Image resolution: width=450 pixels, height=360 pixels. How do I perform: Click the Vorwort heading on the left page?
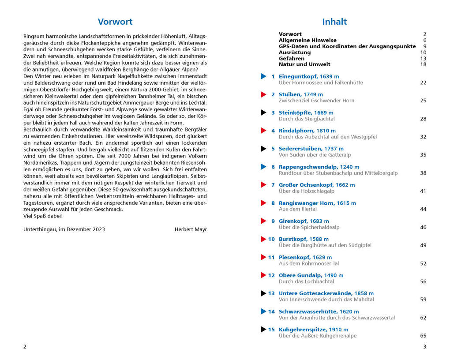pos(115,22)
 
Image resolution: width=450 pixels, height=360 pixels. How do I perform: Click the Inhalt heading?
pos(334,22)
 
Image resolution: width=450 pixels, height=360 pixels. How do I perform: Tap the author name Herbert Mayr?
pos(191,229)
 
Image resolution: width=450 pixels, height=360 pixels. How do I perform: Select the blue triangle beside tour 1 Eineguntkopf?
pos(263,76)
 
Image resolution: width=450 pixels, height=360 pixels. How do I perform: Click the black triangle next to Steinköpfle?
pos(263,112)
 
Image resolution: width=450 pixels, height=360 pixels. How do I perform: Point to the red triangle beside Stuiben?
pos(263,94)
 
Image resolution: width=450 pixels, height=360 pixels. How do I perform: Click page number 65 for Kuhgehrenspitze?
pos(423,336)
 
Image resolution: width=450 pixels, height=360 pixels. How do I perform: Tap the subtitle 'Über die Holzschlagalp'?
pos(306,191)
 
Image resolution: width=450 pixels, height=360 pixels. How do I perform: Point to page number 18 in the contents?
pos(423,64)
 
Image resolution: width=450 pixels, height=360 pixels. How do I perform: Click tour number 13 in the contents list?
pos(271,293)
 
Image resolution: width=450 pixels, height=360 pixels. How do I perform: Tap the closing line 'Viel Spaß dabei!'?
pos(43,216)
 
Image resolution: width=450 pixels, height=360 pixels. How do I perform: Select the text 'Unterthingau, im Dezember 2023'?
pos(64,229)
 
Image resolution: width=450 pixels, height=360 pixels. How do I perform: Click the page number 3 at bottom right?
pos(424,347)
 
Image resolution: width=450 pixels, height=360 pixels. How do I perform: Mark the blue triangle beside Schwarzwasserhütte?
pos(263,311)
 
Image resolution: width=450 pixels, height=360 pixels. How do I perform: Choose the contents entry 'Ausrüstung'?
pos(295,52)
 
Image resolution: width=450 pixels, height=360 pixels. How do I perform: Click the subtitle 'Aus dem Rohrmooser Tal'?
pos(309,263)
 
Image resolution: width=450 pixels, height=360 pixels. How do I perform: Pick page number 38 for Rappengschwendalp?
pos(423,173)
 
